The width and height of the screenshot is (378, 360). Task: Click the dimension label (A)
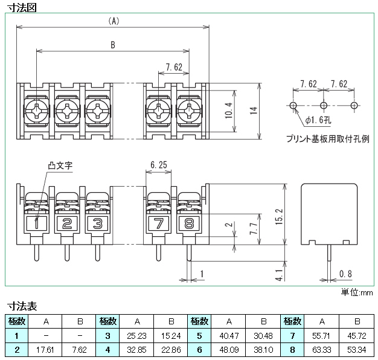(114, 20)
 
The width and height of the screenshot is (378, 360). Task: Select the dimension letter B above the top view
(114, 44)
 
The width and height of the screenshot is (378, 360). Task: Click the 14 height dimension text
(254, 110)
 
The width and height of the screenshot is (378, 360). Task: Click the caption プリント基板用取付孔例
(327, 138)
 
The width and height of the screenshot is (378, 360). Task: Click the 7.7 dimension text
(254, 228)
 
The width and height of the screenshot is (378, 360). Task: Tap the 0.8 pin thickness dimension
(345, 274)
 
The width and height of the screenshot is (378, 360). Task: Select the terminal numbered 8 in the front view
(189, 223)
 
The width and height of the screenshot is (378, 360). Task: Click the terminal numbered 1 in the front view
(37, 223)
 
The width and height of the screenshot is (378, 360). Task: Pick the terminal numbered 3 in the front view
(97, 223)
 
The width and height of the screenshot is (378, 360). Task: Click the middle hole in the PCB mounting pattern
(324, 105)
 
